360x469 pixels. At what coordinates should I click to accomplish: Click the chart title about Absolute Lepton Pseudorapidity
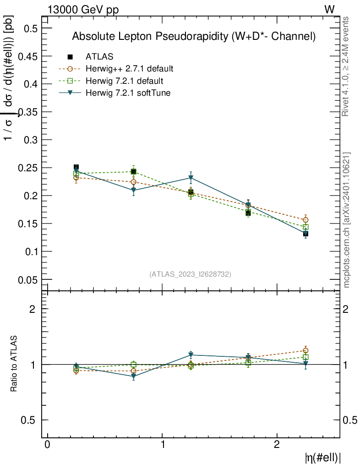[x=194, y=37]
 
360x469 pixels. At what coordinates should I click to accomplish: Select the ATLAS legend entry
[x=99, y=57]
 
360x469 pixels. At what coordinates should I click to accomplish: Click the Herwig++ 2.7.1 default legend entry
[x=129, y=69]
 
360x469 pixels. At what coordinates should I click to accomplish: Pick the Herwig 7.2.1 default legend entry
[x=124, y=81]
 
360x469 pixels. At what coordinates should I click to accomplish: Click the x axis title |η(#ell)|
[x=323, y=457]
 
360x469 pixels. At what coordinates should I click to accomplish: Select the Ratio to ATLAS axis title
[x=14, y=364]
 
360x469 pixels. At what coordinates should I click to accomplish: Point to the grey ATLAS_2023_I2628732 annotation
[x=190, y=274]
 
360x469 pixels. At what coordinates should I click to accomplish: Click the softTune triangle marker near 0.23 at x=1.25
[x=191, y=178]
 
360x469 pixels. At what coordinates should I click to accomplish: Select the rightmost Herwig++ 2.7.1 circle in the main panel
[x=305, y=220]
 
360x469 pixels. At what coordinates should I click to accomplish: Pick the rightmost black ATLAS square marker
[x=305, y=234]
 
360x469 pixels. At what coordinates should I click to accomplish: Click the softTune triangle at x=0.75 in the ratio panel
[x=133, y=377]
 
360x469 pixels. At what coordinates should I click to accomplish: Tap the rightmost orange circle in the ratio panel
[x=305, y=351]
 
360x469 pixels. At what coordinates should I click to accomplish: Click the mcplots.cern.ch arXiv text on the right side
[x=347, y=220]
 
